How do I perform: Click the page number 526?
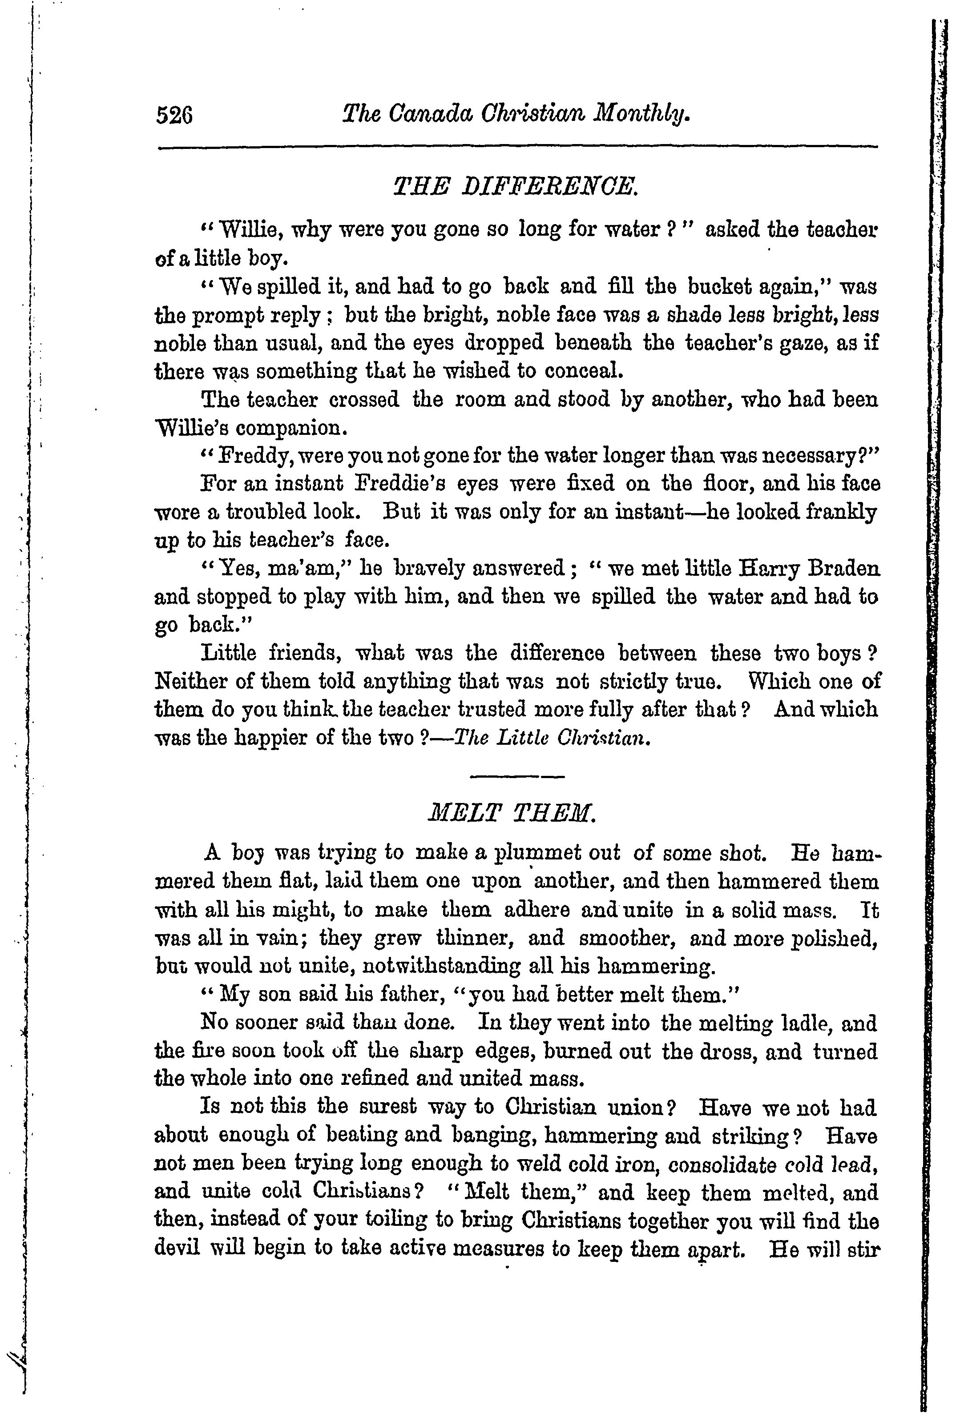pos(174,115)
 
